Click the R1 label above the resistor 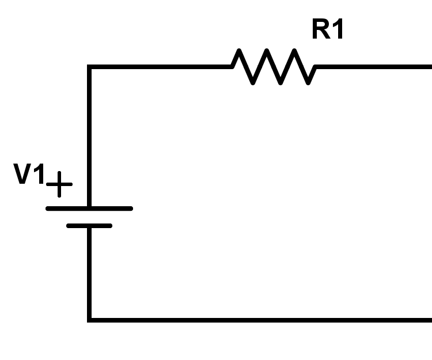pyautogui.click(x=328, y=29)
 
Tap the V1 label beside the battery pyautogui.click(x=29, y=175)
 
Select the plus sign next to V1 pyautogui.click(x=59, y=185)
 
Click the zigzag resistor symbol pyautogui.click(x=274, y=67)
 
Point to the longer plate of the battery pyautogui.click(x=89, y=208)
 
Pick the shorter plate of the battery pyautogui.click(x=89, y=226)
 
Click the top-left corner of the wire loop pyautogui.click(x=89, y=67)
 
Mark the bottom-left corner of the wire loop pyautogui.click(x=89, y=319)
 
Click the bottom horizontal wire pyautogui.click(x=259, y=319)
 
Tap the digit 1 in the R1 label pyautogui.click(x=338, y=29)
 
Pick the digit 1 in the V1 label pyautogui.click(x=39, y=175)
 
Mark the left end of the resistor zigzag pyautogui.click(x=233, y=67)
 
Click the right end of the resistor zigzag pyautogui.click(x=316, y=67)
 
